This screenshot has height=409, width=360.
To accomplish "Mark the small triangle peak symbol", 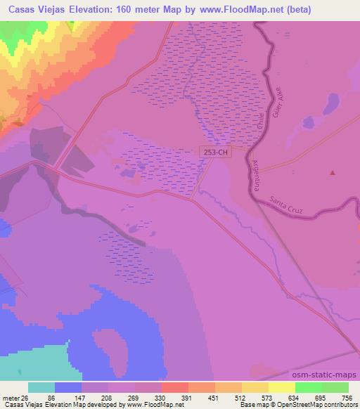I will [333, 171].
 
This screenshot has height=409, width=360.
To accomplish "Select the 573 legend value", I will [267, 398].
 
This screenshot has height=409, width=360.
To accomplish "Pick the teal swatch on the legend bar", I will [41, 387].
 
